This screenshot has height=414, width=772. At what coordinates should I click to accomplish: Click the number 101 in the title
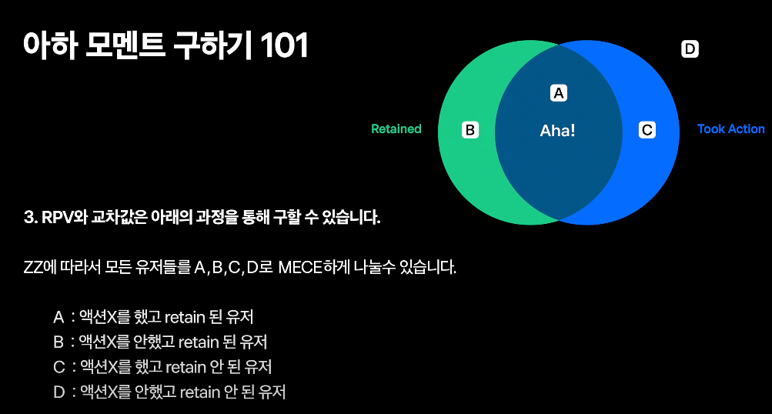click(284, 46)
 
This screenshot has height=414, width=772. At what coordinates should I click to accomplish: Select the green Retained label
click(396, 129)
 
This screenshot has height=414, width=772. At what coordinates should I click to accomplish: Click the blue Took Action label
click(730, 129)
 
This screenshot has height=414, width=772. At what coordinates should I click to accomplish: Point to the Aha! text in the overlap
click(557, 131)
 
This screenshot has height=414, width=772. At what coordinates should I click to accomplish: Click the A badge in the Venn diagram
click(559, 92)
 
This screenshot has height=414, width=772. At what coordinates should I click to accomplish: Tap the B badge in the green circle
click(470, 130)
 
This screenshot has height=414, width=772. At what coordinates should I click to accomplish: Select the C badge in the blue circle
click(647, 130)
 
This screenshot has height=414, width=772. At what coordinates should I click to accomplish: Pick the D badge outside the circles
click(690, 49)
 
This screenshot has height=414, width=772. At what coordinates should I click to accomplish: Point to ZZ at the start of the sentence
click(34, 269)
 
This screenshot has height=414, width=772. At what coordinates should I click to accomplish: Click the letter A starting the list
click(58, 317)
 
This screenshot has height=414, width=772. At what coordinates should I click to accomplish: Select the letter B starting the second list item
click(58, 342)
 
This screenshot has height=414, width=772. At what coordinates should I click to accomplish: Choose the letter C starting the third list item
click(58, 367)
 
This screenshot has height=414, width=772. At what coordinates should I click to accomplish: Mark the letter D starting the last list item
click(58, 392)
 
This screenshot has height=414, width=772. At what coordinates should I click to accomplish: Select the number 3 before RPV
click(28, 218)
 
